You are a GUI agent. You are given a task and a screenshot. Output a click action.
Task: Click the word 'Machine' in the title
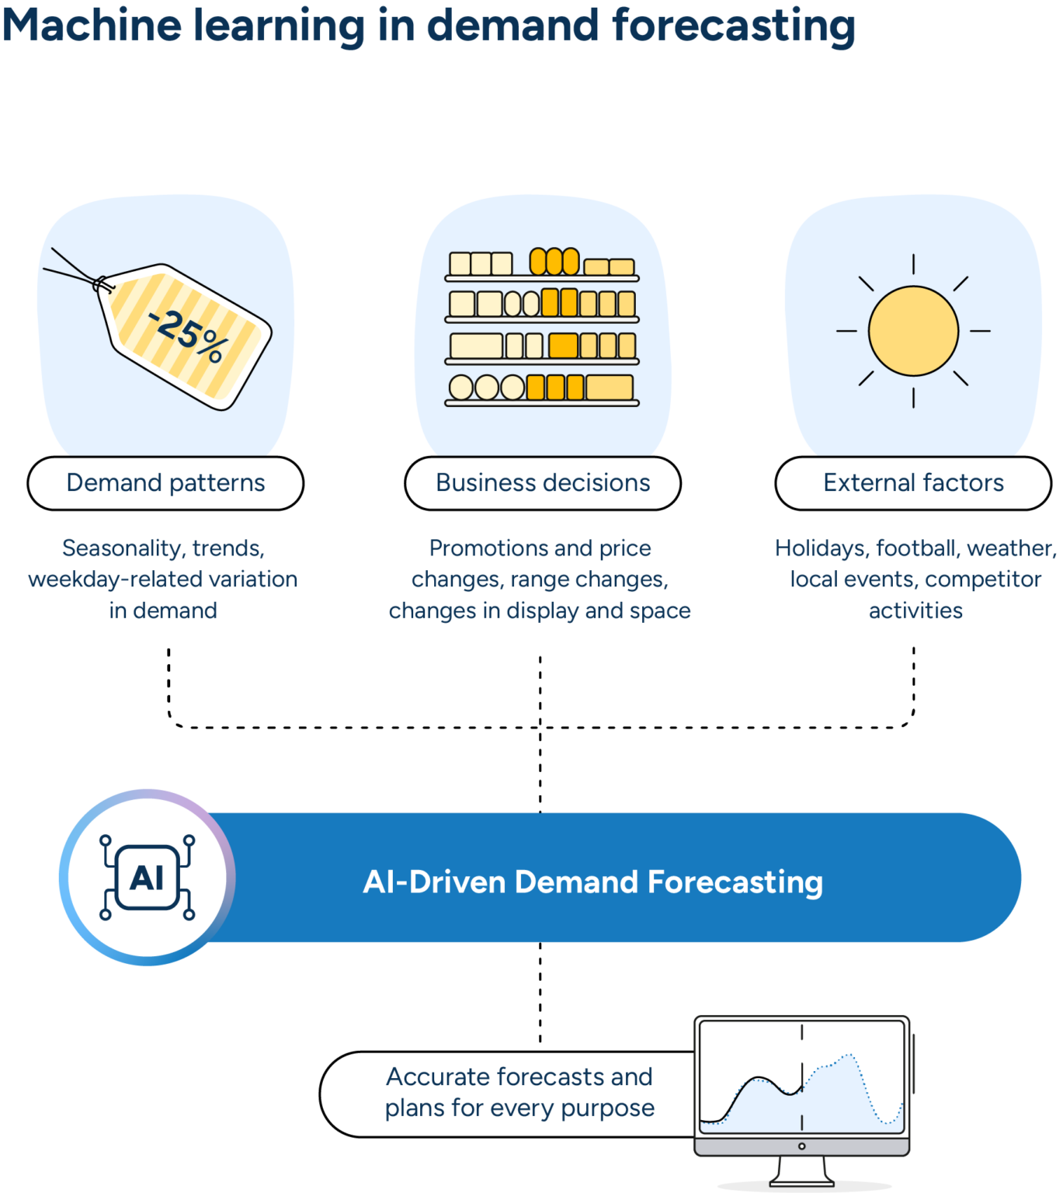click(x=91, y=25)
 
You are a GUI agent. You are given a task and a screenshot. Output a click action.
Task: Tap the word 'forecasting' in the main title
click(x=734, y=25)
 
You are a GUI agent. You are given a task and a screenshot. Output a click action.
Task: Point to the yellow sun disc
click(x=913, y=331)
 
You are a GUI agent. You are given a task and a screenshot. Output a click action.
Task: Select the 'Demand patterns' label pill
click(x=165, y=483)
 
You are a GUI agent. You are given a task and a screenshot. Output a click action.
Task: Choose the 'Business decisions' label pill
click(x=543, y=483)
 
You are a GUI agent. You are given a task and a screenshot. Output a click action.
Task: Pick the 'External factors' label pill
click(x=913, y=483)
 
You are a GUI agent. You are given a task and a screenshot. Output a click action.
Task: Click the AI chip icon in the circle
click(x=148, y=878)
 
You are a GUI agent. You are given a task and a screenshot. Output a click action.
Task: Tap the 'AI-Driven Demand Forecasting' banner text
click(x=592, y=882)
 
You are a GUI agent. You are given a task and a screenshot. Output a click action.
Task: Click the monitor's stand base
click(x=802, y=1180)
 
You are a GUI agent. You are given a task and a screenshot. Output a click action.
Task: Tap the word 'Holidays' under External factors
click(x=820, y=548)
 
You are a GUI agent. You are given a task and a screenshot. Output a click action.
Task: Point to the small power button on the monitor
click(x=802, y=1146)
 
